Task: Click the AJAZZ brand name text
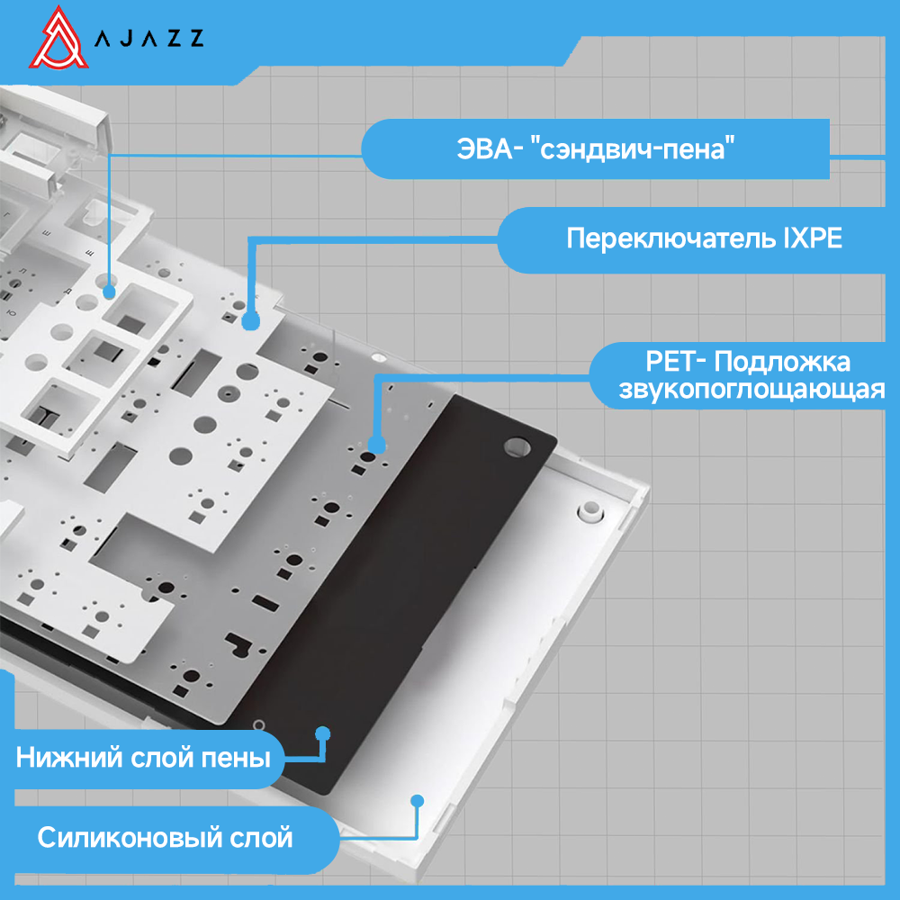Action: pos(149,38)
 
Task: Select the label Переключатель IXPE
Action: pos(704,239)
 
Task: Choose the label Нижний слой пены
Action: pos(143,758)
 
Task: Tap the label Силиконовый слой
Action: pos(165,838)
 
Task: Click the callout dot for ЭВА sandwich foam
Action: pos(109,291)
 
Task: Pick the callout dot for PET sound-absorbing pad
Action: pos(377,443)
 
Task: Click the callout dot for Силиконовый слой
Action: pos(417,799)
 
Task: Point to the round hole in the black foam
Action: pos(518,444)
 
